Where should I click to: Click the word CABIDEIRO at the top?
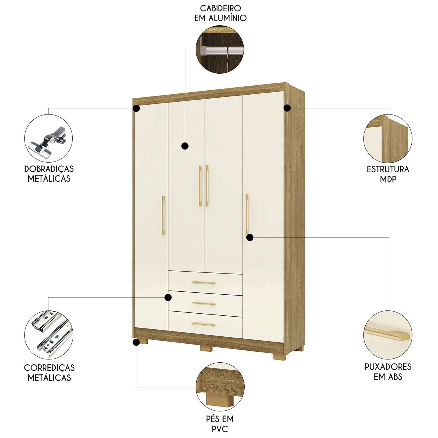(220, 8)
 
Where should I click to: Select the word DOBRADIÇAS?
(49, 169)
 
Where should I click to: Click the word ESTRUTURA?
(388, 169)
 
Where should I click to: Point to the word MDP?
(388, 179)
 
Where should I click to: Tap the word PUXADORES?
(388, 367)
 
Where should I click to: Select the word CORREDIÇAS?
(49, 368)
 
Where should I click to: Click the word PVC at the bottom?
(220, 429)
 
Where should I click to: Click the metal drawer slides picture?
(49, 335)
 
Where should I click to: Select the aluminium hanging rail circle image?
(220, 49)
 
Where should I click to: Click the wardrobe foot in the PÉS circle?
(220, 399)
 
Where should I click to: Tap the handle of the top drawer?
(204, 283)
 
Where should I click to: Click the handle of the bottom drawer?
(204, 324)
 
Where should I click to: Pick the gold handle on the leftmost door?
(164, 215)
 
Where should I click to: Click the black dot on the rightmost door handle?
(250, 238)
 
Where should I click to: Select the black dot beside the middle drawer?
(168, 298)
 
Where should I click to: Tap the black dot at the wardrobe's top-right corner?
(287, 108)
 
